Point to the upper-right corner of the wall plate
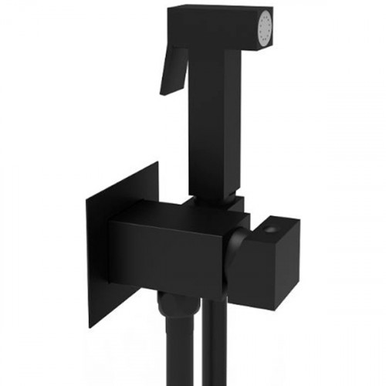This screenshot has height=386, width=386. coord(158,163)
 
